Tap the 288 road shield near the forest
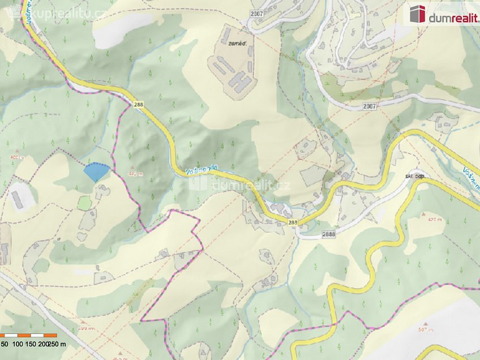tap(139, 105)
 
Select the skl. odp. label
tap(415, 177)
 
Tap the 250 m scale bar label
tap(57, 344)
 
